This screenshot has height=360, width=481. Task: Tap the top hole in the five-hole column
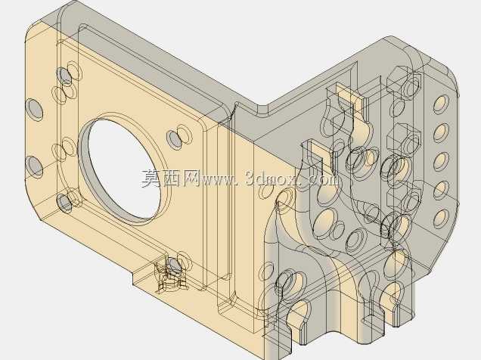pos(441,104)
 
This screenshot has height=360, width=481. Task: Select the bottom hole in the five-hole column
pos(441,218)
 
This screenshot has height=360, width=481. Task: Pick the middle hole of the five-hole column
pos(441,161)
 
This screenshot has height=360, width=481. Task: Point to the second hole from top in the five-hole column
pos(441,133)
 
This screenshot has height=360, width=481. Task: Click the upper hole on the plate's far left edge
pos(34,110)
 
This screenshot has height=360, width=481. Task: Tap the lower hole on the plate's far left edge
pos(34,166)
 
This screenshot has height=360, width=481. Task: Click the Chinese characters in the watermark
pos(171,178)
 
